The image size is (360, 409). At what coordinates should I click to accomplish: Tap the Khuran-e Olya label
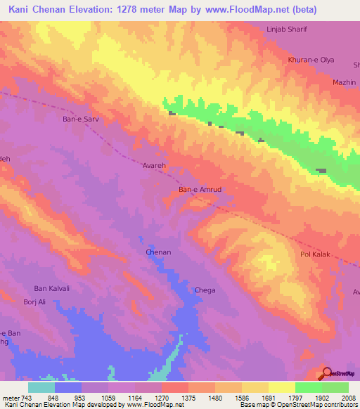(x=311, y=60)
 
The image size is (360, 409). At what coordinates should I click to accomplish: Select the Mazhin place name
(x=344, y=82)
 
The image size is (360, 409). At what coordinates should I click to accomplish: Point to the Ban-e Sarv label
(x=81, y=119)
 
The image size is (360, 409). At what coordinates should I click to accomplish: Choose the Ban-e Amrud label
(x=200, y=190)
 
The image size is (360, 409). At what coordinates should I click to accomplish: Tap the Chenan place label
(x=158, y=252)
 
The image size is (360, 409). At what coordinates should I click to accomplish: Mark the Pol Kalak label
(x=315, y=254)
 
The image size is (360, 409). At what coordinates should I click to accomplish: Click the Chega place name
(x=205, y=290)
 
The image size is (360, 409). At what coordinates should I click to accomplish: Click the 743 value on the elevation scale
(x=26, y=397)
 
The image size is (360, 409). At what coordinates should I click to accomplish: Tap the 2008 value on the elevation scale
(x=348, y=397)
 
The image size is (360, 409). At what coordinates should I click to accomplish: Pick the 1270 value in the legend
(x=161, y=397)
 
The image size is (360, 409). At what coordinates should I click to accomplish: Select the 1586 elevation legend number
(x=241, y=397)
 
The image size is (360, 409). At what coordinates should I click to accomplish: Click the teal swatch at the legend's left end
(x=41, y=387)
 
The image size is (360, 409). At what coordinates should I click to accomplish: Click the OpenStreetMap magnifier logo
(x=328, y=372)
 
